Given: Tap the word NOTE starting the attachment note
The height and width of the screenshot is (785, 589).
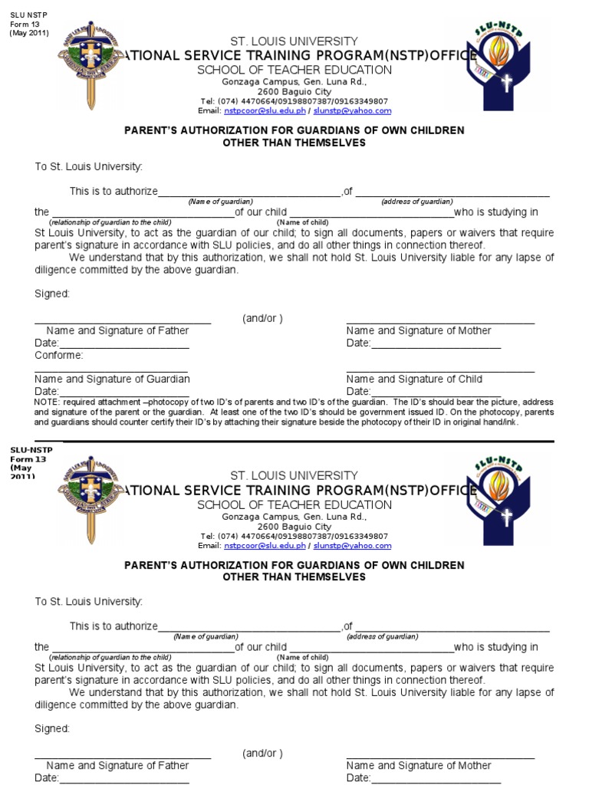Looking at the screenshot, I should [x=47, y=402].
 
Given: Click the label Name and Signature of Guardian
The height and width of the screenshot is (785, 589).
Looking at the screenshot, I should [x=112, y=379].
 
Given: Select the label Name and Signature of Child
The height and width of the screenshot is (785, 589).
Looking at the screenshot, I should [x=414, y=379].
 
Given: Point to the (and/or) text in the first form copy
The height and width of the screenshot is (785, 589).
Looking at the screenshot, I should [x=263, y=318].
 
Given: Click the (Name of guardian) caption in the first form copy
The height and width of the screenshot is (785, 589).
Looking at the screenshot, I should [x=221, y=202].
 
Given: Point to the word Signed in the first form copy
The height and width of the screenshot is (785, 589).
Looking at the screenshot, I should [x=52, y=294].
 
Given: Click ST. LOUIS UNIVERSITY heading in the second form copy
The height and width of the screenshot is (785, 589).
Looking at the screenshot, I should [x=294, y=476].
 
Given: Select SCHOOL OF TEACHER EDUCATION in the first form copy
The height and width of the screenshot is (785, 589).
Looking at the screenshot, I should [x=294, y=70].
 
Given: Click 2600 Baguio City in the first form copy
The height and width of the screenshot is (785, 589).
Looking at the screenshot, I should [x=294, y=91].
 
